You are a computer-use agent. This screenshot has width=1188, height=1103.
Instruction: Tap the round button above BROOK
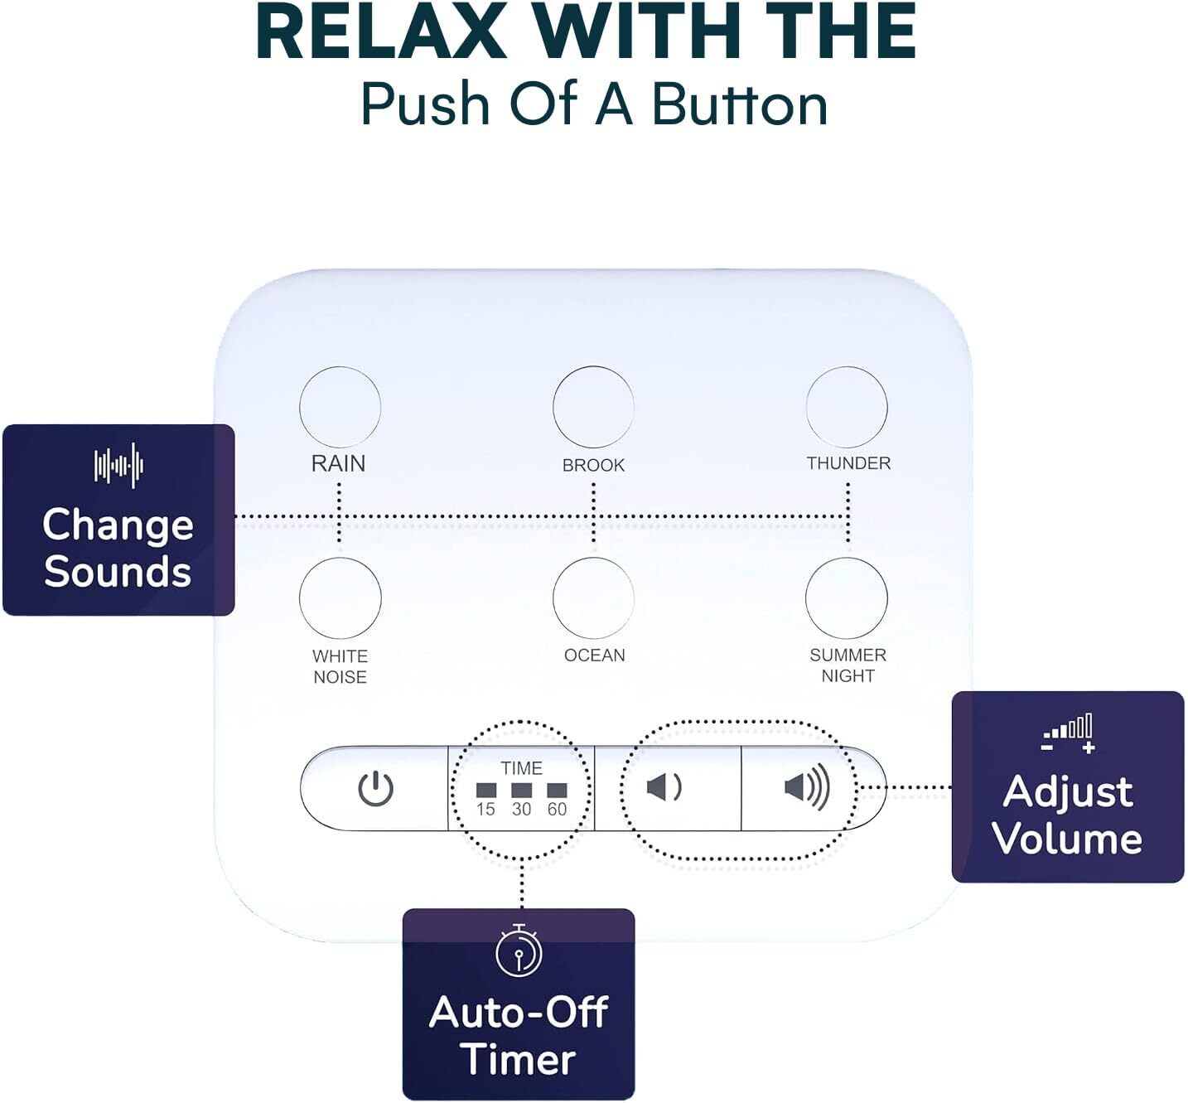[x=593, y=407]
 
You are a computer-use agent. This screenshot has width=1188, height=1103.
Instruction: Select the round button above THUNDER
[x=847, y=407]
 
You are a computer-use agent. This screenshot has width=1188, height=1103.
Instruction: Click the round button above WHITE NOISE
[x=340, y=597]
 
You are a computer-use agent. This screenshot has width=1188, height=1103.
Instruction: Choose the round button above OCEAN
[x=593, y=597]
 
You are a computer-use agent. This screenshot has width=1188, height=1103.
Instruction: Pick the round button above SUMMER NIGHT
[x=847, y=597]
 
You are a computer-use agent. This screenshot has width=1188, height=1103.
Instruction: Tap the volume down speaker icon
[x=663, y=787]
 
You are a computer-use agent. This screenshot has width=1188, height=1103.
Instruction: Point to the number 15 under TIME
[x=485, y=809]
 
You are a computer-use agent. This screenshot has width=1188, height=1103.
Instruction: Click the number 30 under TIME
[x=521, y=809]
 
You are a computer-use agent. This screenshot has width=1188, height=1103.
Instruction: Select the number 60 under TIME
[x=557, y=809]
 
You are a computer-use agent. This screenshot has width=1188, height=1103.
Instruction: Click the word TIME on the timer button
[x=521, y=768]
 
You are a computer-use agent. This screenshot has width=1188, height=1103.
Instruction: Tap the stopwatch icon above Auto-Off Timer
[x=519, y=951]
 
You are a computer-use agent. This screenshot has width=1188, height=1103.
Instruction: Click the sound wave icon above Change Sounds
[x=118, y=466]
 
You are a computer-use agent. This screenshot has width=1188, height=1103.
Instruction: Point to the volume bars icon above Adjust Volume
[x=1069, y=733]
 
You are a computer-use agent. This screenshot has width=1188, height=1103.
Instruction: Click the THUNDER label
[x=848, y=463]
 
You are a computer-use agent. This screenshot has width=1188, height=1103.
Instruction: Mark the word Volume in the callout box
[x=1067, y=839]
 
